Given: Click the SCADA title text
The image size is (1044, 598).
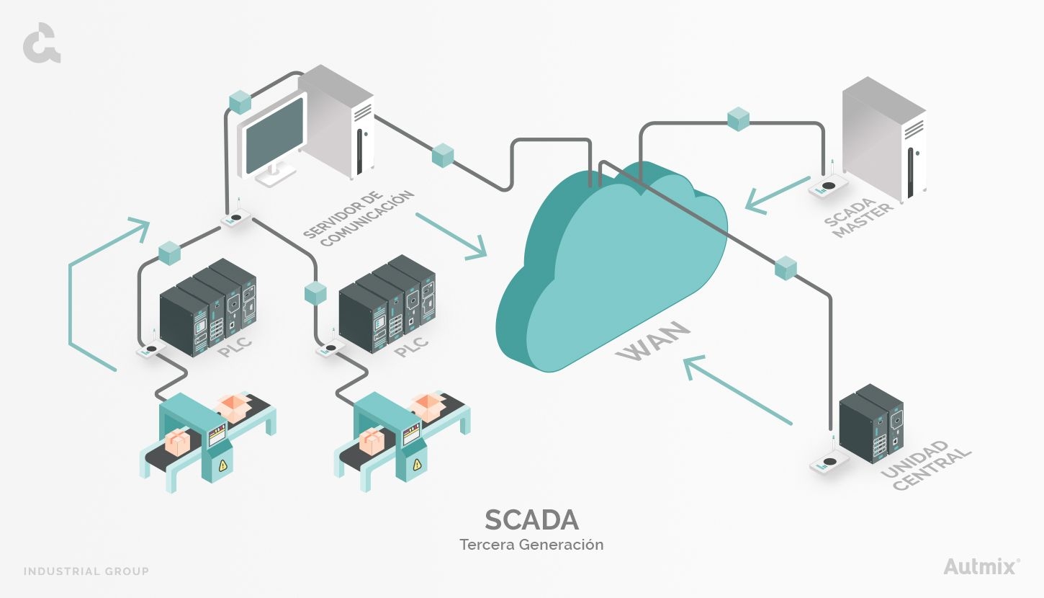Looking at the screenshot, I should [x=531, y=519].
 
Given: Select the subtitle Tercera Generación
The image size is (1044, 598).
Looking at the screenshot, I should [x=531, y=545].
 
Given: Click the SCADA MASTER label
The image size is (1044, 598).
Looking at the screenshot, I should [x=859, y=215].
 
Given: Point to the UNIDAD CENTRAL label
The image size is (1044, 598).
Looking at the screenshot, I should [x=926, y=465].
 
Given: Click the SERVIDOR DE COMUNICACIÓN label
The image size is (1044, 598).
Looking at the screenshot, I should [x=359, y=218].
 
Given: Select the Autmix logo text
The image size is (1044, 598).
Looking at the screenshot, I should [x=980, y=566].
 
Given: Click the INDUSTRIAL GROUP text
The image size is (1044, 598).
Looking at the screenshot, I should [x=86, y=571].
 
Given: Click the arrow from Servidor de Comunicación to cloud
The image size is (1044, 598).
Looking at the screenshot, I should [x=451, y=235].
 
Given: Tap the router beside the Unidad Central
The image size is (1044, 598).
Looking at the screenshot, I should [x=829, y=463].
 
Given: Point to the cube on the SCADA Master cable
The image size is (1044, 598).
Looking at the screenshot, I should [x=738, y=119].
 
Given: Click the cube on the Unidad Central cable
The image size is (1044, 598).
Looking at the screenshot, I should [x=786, y=267].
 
